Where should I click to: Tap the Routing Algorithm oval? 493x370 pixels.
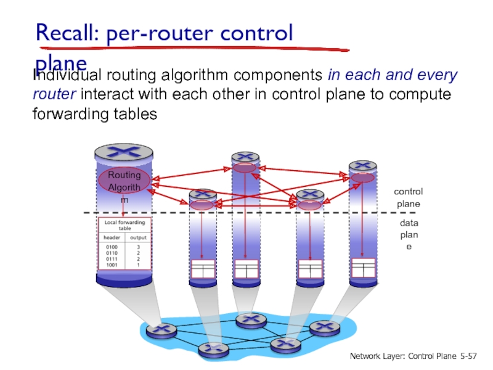[124, 179]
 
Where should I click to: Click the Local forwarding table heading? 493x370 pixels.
[124, 224]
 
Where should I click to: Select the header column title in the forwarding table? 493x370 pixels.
[112, 237]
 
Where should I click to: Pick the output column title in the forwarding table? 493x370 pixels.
[137, 237]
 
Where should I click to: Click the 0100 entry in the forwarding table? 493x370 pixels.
[110, 247]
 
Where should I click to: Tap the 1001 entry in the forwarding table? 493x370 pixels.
[110, 265]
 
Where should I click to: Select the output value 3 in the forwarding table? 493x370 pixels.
[138, 247]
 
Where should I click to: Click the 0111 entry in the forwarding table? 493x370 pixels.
[110, 259]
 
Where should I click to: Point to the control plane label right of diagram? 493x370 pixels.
[408, 198]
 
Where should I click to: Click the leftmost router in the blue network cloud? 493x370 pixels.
[161, 331]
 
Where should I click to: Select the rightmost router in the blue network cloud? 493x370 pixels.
[320, 327]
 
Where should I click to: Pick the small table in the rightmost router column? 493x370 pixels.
[362, 268]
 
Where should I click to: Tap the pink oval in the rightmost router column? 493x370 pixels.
[362, 178]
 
